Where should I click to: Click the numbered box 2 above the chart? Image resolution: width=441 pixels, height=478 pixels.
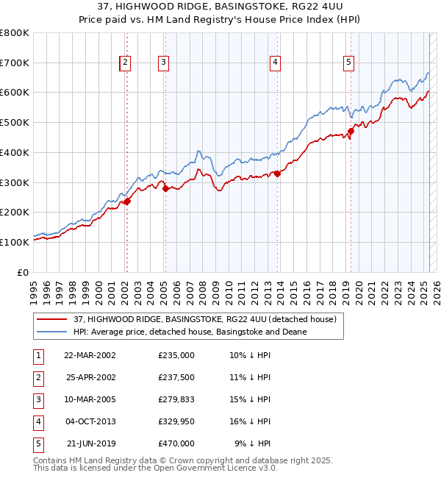click(126, 63)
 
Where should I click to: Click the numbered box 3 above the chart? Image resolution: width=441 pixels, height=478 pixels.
click(163, 63)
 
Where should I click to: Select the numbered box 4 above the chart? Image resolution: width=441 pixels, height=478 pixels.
click(274, 63)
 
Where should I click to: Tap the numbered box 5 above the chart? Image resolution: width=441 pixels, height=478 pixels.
click(348, 63)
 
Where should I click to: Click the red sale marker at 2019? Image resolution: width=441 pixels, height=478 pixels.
click(351, 132)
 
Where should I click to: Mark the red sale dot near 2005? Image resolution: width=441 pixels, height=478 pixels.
click(165, 188)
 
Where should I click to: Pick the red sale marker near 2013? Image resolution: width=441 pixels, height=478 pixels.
click(277, 174)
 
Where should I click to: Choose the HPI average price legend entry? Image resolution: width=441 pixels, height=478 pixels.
click(190, 332)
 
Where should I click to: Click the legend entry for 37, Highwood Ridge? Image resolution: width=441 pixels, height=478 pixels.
click(204, 319)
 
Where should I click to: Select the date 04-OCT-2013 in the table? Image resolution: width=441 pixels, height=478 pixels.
click(89, 422)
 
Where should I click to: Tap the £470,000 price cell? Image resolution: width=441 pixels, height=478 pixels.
click(176, 443)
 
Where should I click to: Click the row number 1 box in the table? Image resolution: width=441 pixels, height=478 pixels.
click(37, 355)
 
